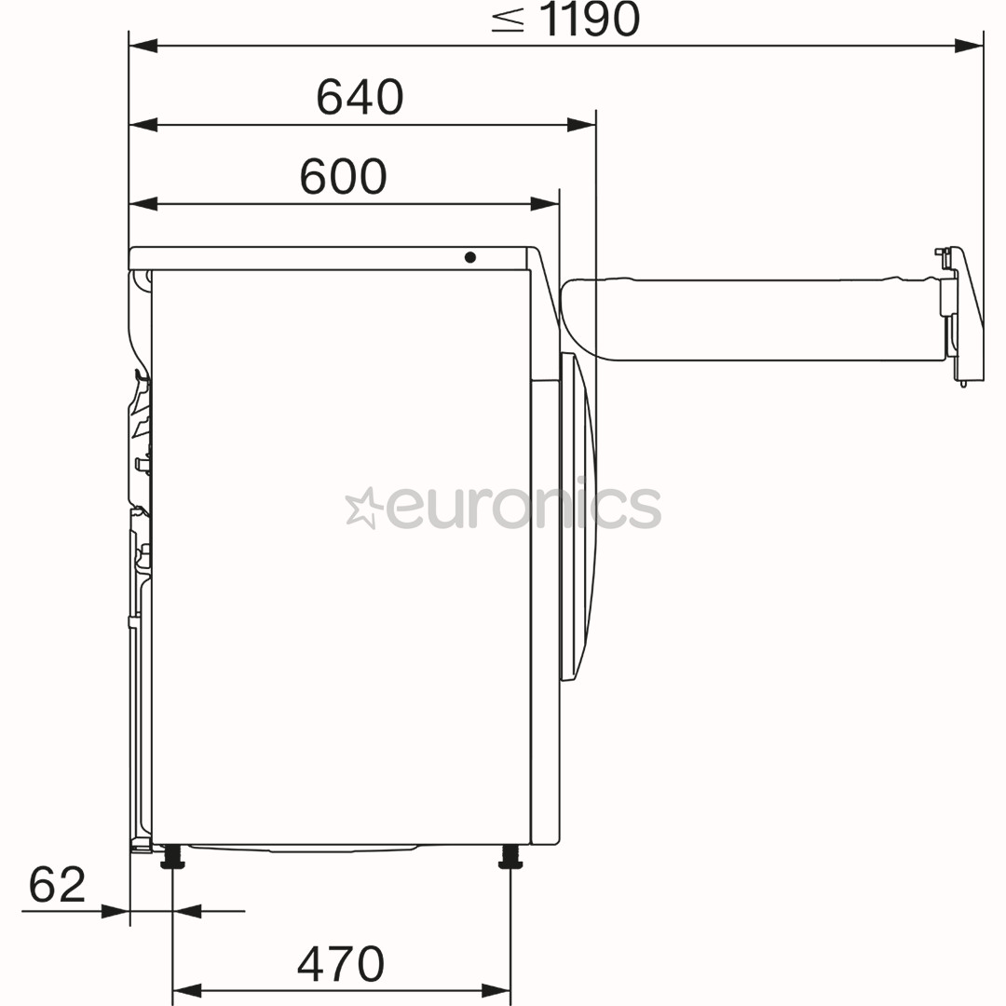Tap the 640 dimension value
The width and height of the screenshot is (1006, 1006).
[x=360, y=97]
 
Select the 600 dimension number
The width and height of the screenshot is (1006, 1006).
[x=343, y=176]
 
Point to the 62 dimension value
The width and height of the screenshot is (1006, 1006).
[x=57, y=885]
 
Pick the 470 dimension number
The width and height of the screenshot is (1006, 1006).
[x=341, y=964]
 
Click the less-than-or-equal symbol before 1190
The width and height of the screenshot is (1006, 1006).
[x=509, y=20]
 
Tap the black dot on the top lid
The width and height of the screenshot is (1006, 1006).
[x=469, y=257]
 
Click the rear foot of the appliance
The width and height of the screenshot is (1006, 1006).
[x=172, y=857]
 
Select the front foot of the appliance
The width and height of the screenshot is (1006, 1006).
[x=510, y=857]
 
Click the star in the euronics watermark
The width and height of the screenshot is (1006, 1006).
[x=364, y=508]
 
